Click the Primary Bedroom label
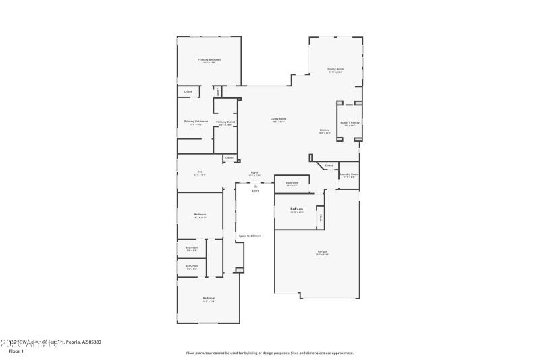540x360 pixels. point(209,60)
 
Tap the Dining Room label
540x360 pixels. point(335,69)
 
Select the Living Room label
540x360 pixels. point(278,119)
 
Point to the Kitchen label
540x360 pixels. point(325,130)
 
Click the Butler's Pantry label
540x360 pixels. point(350,122)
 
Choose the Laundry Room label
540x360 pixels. point(349,174)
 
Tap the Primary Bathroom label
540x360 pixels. point(196,122)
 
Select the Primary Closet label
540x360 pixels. point(225,122)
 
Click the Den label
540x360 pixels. point(200,172)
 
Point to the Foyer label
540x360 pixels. point(254,172)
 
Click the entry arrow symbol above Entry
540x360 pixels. point(255,186)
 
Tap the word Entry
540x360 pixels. point(255,191)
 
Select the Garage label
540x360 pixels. point(322,252)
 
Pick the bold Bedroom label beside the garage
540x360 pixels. point(296,209)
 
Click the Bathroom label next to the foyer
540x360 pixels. point(292,183)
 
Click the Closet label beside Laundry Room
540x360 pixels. point(329,165)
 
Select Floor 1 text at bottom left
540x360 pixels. point(16,351)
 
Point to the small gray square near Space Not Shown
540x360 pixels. point(238,270)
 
